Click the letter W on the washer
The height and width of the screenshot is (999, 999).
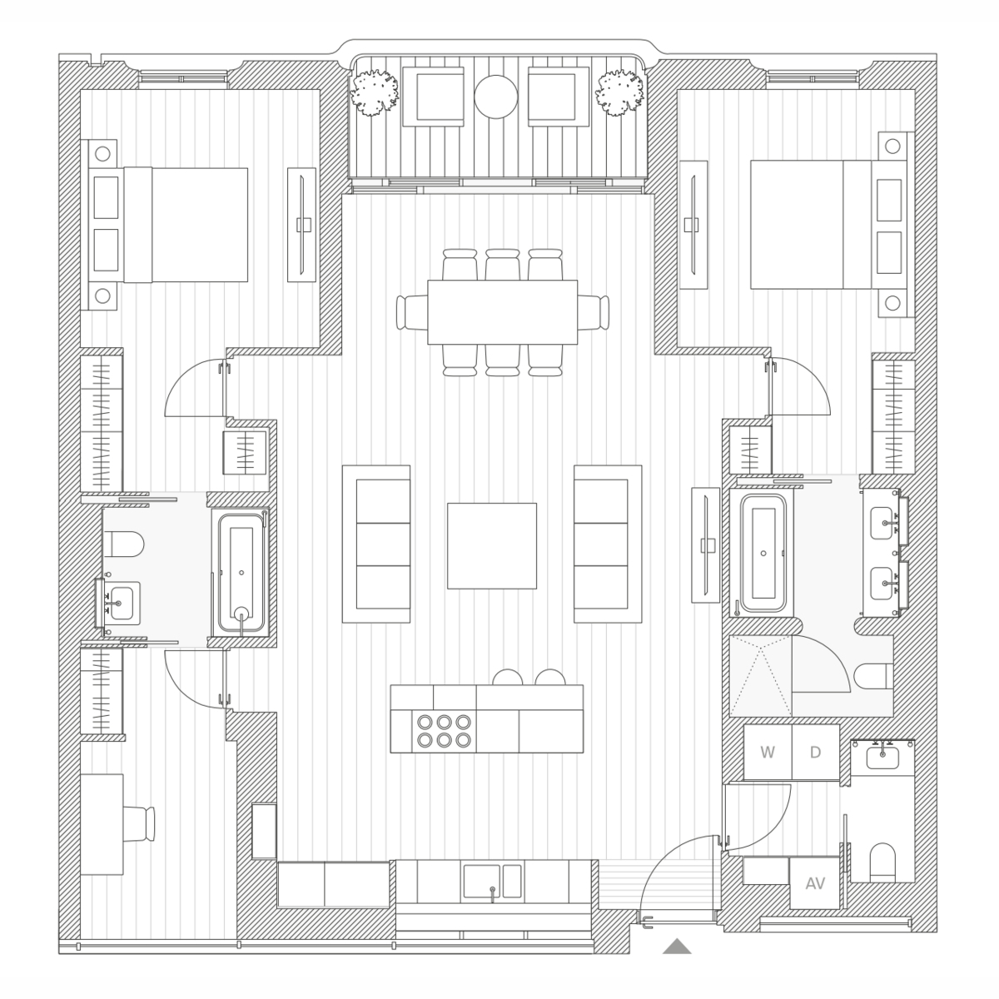(x=768, y=753)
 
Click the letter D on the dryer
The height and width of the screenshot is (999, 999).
(x=815, y=753)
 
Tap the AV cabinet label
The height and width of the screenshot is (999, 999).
(x=815, y=883)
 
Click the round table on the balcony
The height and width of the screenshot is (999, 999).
(x=495, y=97)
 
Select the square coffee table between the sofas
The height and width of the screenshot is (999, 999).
(x=491, y=545)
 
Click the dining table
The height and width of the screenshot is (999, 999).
(x=502, y=312)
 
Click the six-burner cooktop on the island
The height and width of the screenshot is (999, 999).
(x=444, y=731)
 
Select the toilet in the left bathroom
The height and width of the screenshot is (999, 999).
(x=123, y=543)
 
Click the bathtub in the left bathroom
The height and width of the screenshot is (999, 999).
(x=241, y=573)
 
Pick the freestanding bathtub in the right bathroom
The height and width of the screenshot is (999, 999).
(x=763, y=554)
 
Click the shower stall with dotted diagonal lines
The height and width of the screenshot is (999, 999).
(x=761, y=675)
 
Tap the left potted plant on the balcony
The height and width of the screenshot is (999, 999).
(x=375, y=93)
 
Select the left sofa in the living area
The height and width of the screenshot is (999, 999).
(x=376, y=544)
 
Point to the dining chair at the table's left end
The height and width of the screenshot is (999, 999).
(x=412, y=312)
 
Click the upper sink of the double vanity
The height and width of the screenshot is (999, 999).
(x=883, y=523)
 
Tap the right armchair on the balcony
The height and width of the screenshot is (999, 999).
(x=559, y=97)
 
